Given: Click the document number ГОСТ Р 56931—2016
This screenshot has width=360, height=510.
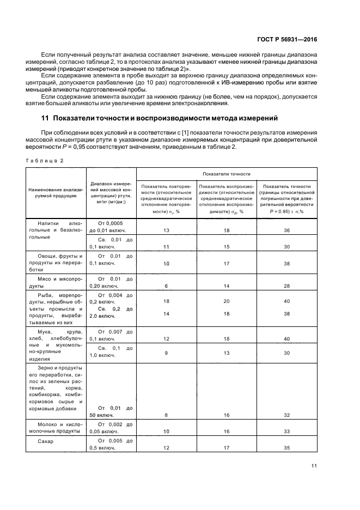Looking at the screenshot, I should (x=286, y=40).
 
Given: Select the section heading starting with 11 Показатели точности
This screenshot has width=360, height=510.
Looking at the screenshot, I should (x=160, y=118).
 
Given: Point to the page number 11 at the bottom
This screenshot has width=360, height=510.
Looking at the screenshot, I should (x=314, y=465).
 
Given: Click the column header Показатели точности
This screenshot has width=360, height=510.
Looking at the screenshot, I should (x=226, y=174).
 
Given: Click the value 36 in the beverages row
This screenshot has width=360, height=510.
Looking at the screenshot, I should (x=286, y=230).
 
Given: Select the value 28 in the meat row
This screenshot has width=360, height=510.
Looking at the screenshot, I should (x=286, y=286).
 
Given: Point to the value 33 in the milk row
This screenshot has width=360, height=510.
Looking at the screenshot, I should (x=286, y=431).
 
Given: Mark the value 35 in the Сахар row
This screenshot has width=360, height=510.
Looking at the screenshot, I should (x=286, y=448).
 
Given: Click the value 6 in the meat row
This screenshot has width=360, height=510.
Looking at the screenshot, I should (x=167, y=286).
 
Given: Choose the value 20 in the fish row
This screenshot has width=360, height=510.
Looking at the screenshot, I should (x=226, y=301).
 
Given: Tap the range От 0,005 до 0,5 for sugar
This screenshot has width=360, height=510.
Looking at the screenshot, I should (x=111, y=444).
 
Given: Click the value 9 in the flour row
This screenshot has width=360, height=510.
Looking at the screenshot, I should (x=167, y=353).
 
